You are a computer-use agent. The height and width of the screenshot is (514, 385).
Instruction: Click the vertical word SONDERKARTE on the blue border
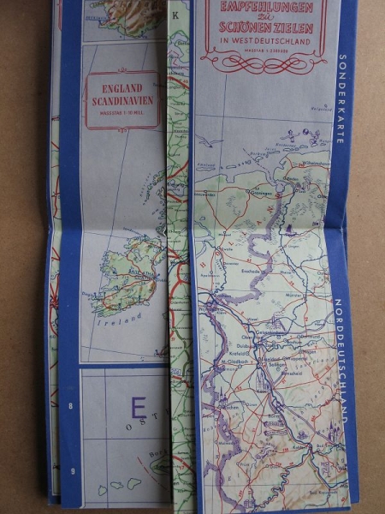341,98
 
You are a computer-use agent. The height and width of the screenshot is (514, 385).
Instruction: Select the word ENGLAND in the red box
122,87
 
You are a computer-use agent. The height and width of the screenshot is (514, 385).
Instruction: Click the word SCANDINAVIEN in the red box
122,99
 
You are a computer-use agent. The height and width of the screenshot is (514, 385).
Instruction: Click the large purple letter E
137,406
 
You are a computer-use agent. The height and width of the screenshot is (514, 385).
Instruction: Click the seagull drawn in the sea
292,134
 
